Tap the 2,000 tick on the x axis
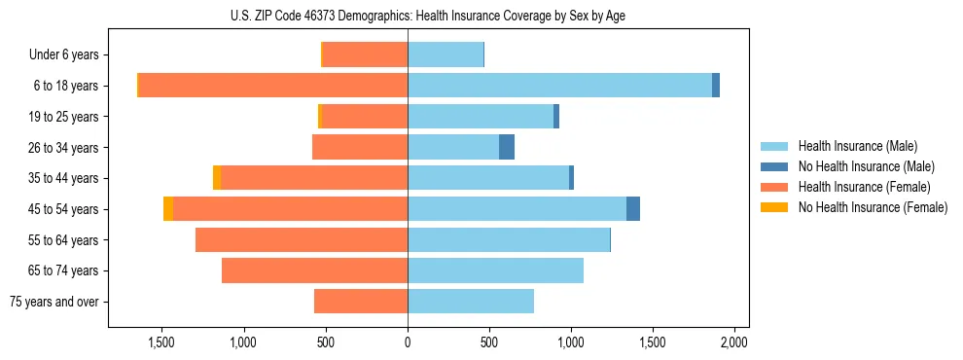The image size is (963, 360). [733, 342]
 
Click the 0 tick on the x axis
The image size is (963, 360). [408, 342]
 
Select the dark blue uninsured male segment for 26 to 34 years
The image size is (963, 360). [507, 147]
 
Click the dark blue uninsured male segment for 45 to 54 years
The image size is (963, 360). [633, 208]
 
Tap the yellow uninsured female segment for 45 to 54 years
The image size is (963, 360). [168, 208]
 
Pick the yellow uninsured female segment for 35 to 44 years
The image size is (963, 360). [217, 178]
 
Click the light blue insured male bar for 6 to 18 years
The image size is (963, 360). [559, 86]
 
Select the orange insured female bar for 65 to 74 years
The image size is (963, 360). [314, 270]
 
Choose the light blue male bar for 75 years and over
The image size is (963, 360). [471, 302]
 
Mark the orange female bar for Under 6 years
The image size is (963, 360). [365, 54]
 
